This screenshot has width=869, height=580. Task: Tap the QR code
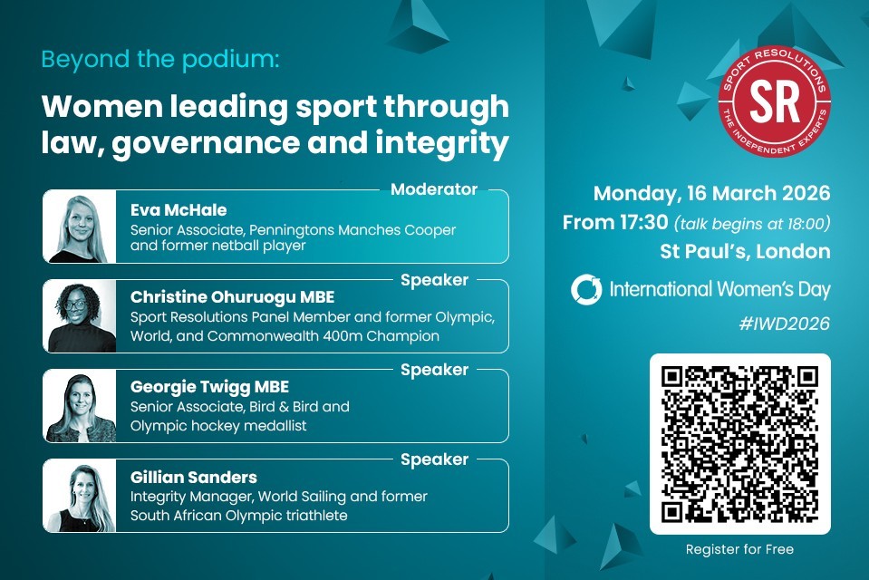[x=740, y=444]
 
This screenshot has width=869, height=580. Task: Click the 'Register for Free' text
[x=739, y=549]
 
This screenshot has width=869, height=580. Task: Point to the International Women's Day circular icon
[x=586, y=290]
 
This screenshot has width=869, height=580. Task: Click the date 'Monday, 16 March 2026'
[x=711, y=193]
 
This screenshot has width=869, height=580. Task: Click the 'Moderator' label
[x=433, y=189]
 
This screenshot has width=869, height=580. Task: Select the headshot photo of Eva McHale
[x=80, y=227]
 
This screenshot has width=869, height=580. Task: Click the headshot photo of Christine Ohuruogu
[x=80, y=316]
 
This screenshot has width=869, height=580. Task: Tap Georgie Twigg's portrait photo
[x=80, y=406]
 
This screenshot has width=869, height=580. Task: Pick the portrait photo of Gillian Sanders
[x=80, y=496]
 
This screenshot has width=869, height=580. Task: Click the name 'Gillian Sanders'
[x=194, y=477]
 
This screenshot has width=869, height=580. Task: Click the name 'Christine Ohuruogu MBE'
[x=232, y=297]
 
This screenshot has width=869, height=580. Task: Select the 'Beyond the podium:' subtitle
[x=160, y=60]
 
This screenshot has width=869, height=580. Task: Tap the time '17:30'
[x=642, y=222]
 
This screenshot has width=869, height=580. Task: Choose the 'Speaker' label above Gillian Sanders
[x=434, y=459]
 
